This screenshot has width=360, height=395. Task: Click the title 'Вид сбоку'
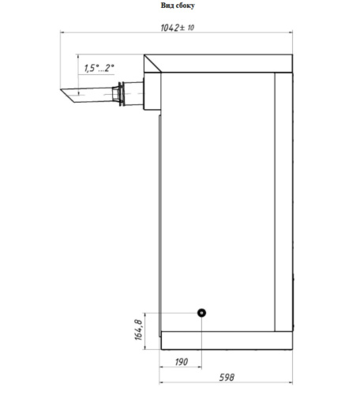click(x=178, y=6)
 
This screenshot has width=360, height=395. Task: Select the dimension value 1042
click(x=170, y=28)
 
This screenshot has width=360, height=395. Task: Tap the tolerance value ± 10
click(x=187, y=28)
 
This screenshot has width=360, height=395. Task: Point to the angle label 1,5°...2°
click(x=99, y=68)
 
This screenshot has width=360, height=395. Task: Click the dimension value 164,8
click(x=138, y=329)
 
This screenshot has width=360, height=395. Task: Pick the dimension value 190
click(x=182, y=362)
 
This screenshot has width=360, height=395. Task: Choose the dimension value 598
click(x=227, y=378)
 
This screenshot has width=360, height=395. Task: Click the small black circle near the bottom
click(x=201, y=313)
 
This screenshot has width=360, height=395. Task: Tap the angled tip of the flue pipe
click(x=68, y=96)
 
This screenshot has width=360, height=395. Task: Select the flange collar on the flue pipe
click(x=121, y=94)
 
